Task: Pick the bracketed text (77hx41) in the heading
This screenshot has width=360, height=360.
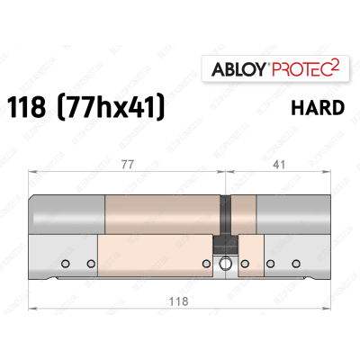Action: pyautogui.click(x=114, y=108)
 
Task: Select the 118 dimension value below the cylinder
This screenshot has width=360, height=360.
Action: pyautogui.click(x=182, y=301)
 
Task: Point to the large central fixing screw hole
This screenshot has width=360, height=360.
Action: pyautogui.click(x=225, y=265)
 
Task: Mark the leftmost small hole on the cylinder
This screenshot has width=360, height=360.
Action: pyautogui.click(x=66, y=264)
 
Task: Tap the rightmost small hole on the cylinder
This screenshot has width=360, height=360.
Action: pyautogui.click(x=295, y=264)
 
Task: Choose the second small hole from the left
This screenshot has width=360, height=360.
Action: pyautogui.click(x=89, y=264)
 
